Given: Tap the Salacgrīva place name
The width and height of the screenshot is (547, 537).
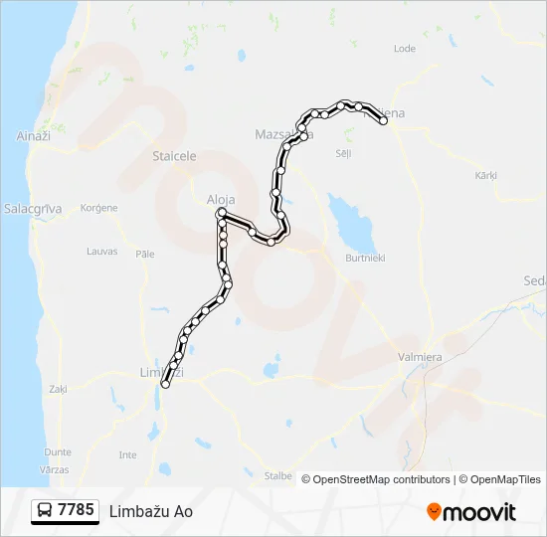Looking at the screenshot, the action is (33, 209).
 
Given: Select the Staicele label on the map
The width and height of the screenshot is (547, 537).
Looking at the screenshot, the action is (174, 156).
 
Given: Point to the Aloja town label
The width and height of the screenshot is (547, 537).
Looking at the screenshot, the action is (220, 198).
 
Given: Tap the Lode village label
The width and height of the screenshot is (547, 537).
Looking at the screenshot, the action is (405, 48).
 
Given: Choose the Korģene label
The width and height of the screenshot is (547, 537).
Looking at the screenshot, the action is (98, 208).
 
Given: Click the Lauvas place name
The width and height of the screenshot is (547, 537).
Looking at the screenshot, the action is (101, 252).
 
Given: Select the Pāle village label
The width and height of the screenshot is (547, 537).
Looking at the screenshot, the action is (145, 254).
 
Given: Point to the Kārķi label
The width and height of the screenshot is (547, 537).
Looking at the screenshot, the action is (485, 175).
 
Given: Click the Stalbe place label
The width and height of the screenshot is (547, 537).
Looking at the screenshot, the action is (277, 476).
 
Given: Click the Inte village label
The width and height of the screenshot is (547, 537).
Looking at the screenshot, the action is (127, 454).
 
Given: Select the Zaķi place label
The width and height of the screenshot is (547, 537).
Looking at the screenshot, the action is (57, 389).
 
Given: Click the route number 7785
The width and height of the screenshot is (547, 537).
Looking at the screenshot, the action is (76, 510).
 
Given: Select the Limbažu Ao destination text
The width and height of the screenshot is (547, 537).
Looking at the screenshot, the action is (151, 511).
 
